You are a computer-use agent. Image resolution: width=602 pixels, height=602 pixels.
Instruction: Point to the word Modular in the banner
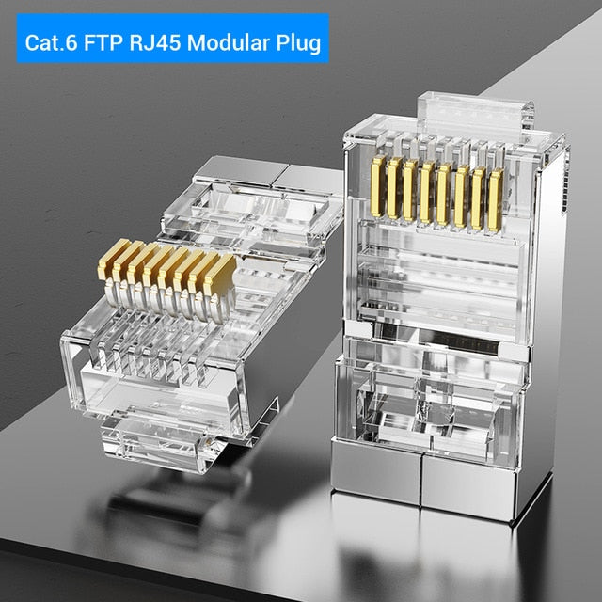click(x=235, y=42)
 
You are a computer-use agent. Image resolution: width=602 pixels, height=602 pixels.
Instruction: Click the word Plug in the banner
click(x=299, y=42)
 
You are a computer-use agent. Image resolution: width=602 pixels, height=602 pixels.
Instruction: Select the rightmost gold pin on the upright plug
click(x=495, y=199)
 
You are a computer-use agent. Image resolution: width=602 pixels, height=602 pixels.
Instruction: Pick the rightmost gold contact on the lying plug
click(x=222, y=275)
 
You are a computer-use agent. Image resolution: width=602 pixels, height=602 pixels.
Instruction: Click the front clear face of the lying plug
click(x=141, y=376)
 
